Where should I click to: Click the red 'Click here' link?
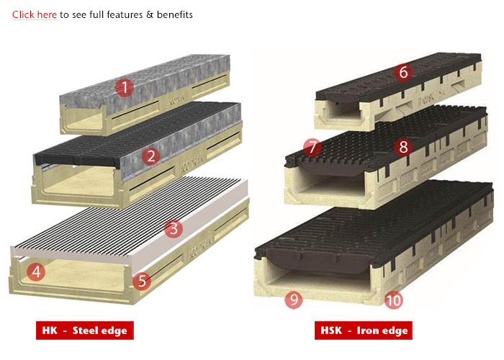click(34, 14)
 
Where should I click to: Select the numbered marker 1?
click(125, 89)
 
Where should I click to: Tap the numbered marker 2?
click(150, 156)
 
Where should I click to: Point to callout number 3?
click(172, 229)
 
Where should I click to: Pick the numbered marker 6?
click(403, 73)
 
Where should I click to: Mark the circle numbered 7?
click(312, 148)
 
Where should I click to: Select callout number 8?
click(403, 148)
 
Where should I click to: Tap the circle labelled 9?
click(293, 300)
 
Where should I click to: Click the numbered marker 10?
click(393, 300)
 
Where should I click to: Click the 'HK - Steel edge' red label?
click(85, 330)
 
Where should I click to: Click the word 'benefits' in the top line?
click(175, 14)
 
